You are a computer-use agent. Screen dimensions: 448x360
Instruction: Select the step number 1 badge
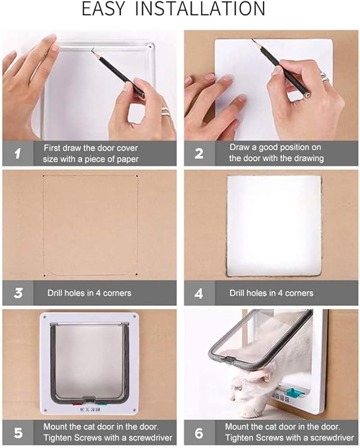coord(17,154)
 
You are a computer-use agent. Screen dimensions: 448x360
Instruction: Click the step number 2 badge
coord(199,154)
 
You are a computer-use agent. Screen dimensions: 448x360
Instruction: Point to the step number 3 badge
coord(17,293)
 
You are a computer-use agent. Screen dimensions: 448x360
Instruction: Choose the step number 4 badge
coord(199,293)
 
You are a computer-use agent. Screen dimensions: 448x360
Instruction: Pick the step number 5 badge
coord(17,433)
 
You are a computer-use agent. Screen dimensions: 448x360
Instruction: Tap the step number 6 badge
coord(199,433)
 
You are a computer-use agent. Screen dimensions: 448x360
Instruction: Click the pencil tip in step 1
coord(93,50)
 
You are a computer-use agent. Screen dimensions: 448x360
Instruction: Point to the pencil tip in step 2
coord(254,40)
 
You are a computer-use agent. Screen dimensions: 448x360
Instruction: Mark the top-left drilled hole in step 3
coord(43,175)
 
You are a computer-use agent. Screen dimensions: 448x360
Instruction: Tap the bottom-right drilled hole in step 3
coord(137,274)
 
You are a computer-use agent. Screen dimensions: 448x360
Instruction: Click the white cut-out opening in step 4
coord(274,225)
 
